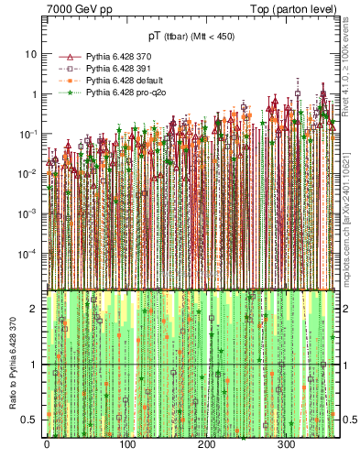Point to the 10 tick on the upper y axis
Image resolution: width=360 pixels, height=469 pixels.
[30, 53]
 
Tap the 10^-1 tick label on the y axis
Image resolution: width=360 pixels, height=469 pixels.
[28, 133]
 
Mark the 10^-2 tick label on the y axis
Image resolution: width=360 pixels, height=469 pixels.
[28, 173]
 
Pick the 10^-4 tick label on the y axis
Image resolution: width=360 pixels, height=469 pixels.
[28, 253]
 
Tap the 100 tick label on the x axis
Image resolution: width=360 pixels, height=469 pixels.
[126, 445]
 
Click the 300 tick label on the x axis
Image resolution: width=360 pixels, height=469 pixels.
[286, 445]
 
